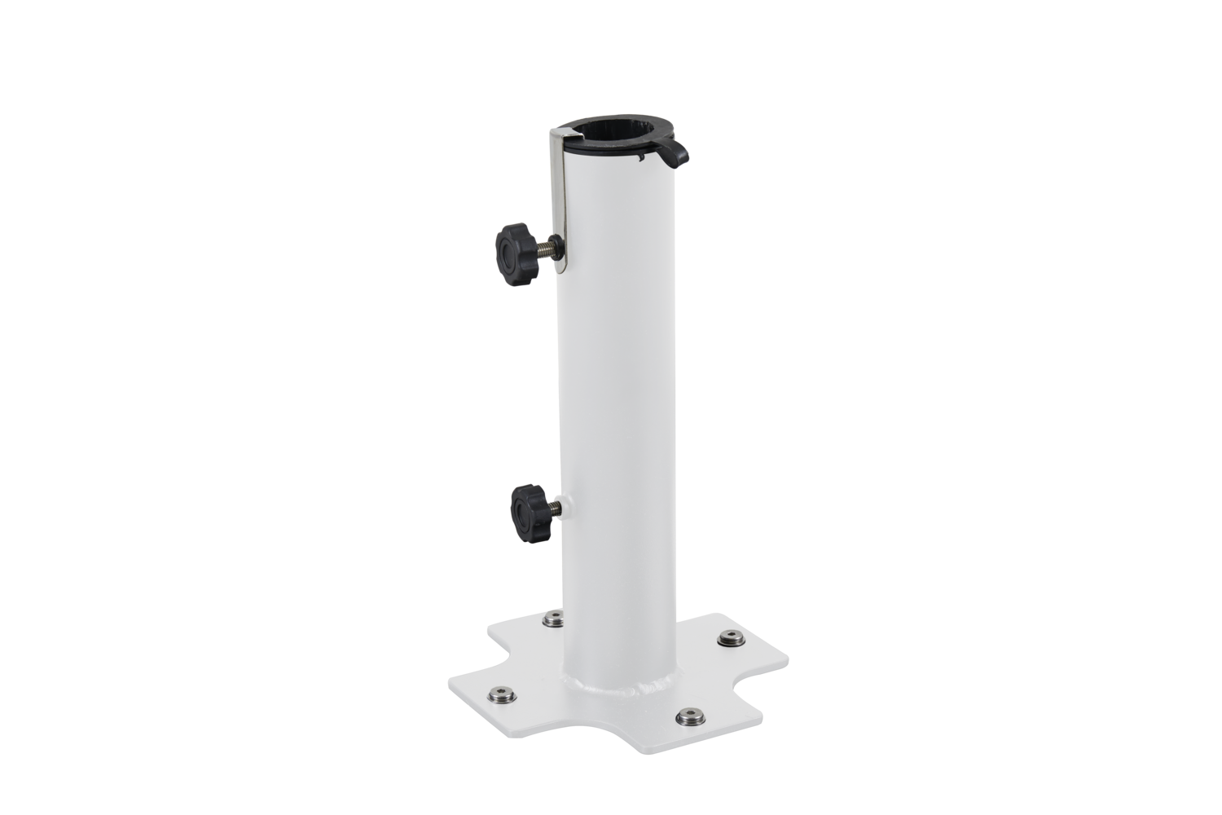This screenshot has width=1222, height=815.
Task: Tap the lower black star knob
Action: coord(525,509)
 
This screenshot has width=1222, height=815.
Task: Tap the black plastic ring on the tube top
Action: coord(619,152)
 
